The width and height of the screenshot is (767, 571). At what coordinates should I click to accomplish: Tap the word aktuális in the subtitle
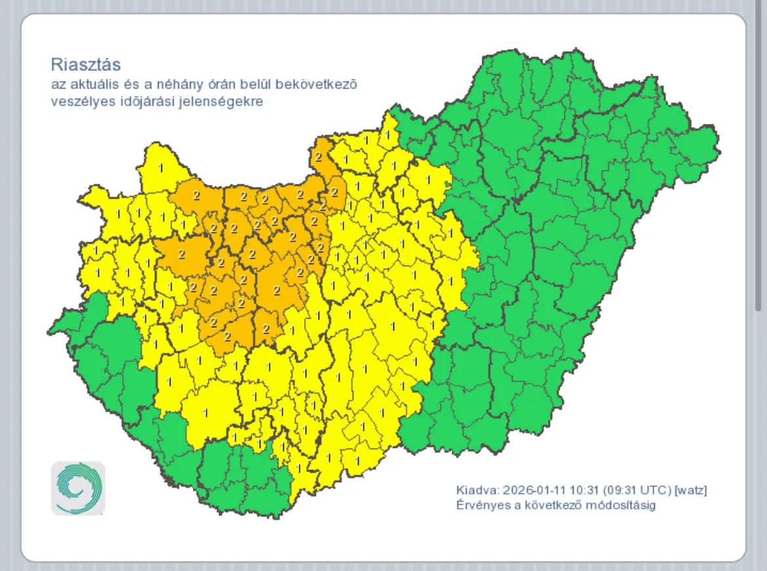pos(88,85)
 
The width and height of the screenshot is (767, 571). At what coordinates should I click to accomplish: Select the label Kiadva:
pos(477,490)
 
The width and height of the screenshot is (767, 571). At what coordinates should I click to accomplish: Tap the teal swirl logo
pos(78,488)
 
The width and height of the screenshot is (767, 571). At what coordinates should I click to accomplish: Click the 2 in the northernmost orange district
pos(318,157)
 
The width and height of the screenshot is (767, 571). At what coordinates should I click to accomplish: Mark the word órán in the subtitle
pos(220,85)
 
